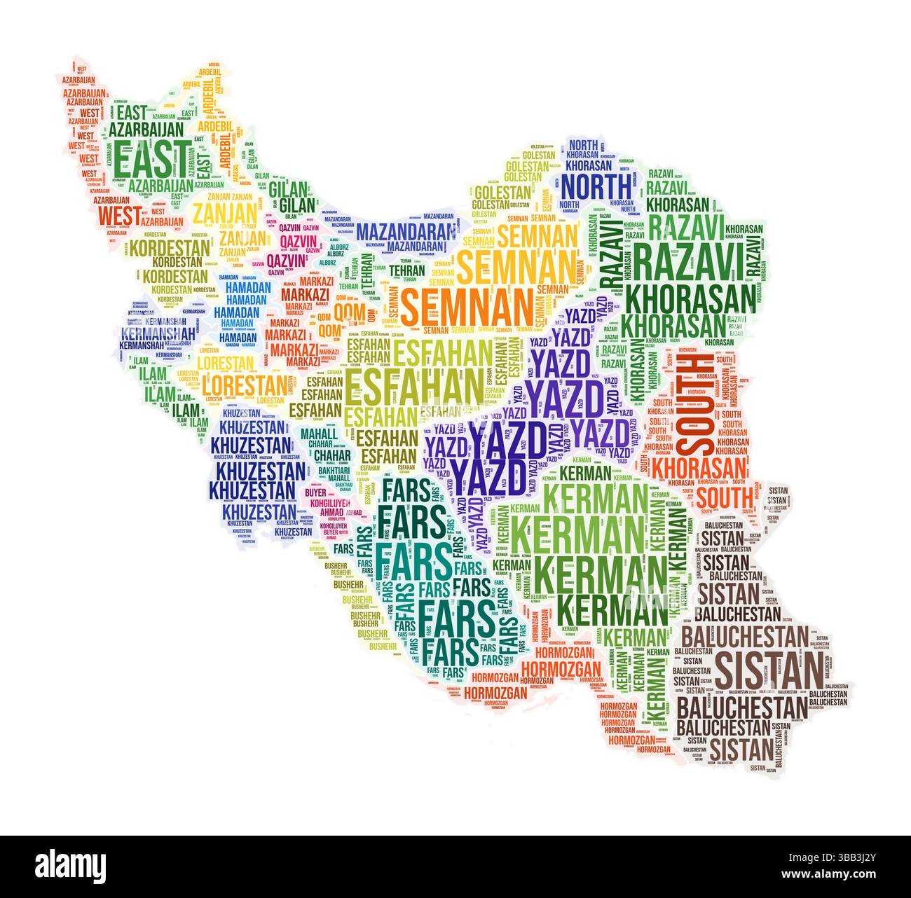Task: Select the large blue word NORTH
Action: [596, 186]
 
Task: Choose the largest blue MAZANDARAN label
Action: [401, 230]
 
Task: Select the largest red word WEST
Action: [120, 216]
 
